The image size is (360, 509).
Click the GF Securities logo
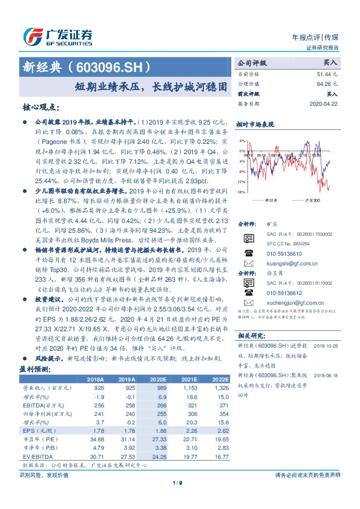coord(57,34)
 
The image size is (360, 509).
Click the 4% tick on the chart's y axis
coord(241,141)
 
